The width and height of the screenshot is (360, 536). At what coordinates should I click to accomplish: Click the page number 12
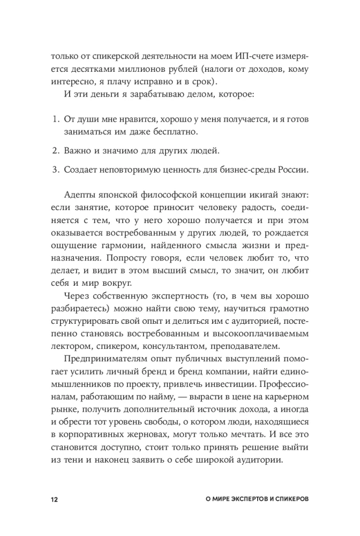pos(54,498)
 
